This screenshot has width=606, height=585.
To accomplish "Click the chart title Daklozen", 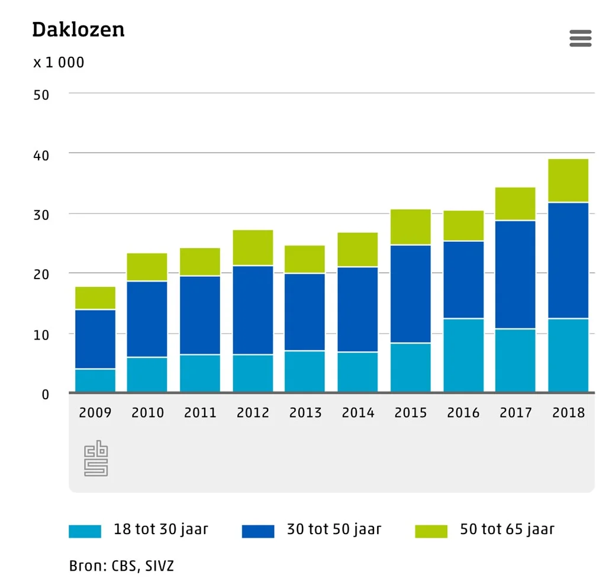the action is (x=79, y=30).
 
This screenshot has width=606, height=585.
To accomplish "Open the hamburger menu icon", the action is (x=581, y=38).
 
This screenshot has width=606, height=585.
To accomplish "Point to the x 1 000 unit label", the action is (x=59, y=62).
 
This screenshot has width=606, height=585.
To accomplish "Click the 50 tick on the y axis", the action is (x=41, y=95).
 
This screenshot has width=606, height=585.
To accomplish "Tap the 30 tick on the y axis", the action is (x=41, y=215).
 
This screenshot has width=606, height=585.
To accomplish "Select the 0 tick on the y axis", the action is (x=46, y=395).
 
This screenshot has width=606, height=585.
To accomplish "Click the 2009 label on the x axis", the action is (x=95, y=413).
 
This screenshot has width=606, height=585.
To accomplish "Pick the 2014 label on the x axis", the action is (x=358, y=413).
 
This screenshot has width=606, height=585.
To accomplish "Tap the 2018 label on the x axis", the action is (x=569, y=413).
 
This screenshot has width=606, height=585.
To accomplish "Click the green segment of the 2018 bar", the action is (x=568, y=180).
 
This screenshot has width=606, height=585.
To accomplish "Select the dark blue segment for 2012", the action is (x=253, y=310).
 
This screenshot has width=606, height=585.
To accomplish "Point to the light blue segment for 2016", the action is (x=463, y=355).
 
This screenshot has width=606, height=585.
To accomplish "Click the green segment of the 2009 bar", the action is (x=95, y=298).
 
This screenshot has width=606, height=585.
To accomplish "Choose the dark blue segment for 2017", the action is (x=515, y=274).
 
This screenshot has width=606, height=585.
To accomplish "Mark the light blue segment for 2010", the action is (x=147, y=375).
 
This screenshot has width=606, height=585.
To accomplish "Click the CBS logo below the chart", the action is (x=96, y=458).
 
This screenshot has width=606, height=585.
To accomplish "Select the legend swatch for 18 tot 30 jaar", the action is (x=85, y=531).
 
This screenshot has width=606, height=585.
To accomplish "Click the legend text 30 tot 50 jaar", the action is (x=334, y=529).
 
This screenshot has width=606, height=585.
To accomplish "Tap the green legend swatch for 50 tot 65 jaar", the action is (x=431, y=531).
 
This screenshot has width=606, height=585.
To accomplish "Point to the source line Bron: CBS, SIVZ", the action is (x=121, y=566).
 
